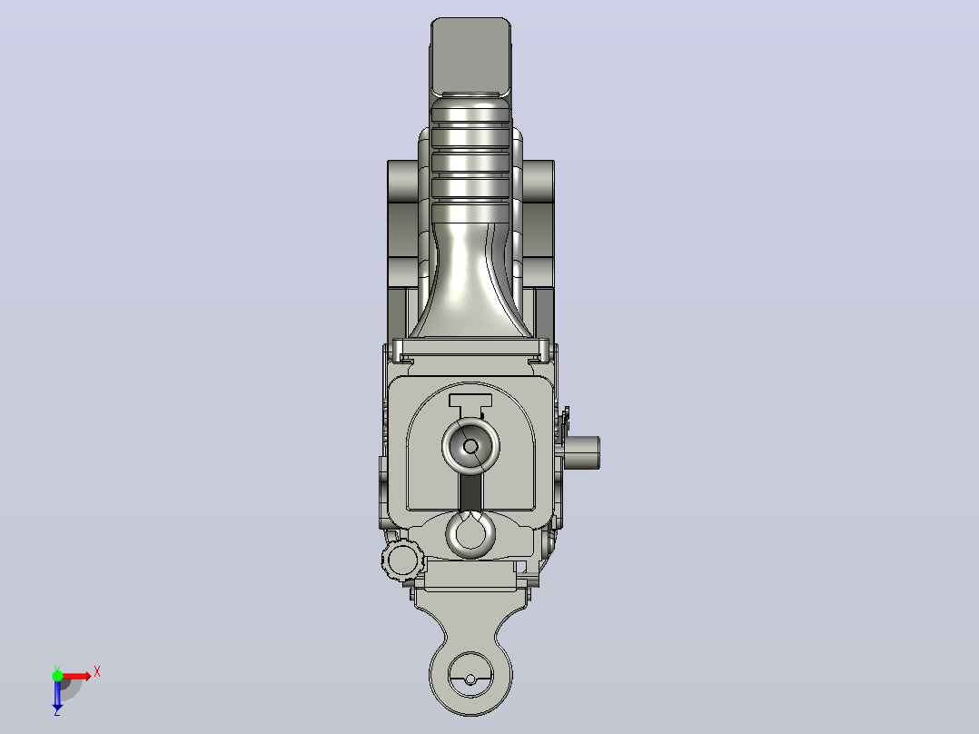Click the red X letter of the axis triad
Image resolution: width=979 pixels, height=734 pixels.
click(x=97, y=672)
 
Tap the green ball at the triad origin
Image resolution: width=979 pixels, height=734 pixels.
click(x=57, y=677)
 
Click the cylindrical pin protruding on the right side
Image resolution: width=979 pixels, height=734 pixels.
click(x=581, y=453)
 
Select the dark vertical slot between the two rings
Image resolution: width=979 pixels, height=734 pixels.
click(x=470, y=491)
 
